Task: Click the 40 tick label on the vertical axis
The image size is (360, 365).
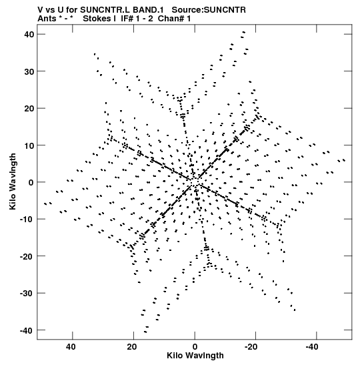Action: point(29,35)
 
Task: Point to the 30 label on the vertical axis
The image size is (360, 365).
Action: point(29,71)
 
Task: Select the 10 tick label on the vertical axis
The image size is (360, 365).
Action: point(29,145)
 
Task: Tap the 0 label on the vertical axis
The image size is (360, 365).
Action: point(31,183)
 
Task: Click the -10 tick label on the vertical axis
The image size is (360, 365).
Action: point(27,220)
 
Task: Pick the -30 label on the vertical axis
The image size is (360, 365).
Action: point(27,294)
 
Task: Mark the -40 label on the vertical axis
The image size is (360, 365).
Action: point(27,330)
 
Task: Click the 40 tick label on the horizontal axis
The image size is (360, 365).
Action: point(71,347)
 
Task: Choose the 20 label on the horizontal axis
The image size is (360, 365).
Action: point(132,347)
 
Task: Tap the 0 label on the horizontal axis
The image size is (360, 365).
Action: point(195,347)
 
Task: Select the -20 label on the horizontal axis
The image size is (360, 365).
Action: point(251,347)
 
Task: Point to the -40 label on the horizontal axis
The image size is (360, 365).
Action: point(312,347)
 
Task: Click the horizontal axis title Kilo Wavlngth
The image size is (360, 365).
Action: point(195,356)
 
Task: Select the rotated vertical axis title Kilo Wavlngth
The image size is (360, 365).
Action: point(13,181)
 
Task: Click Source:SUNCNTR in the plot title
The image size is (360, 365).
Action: point(209,10)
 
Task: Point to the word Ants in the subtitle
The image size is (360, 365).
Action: point(47,19)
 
